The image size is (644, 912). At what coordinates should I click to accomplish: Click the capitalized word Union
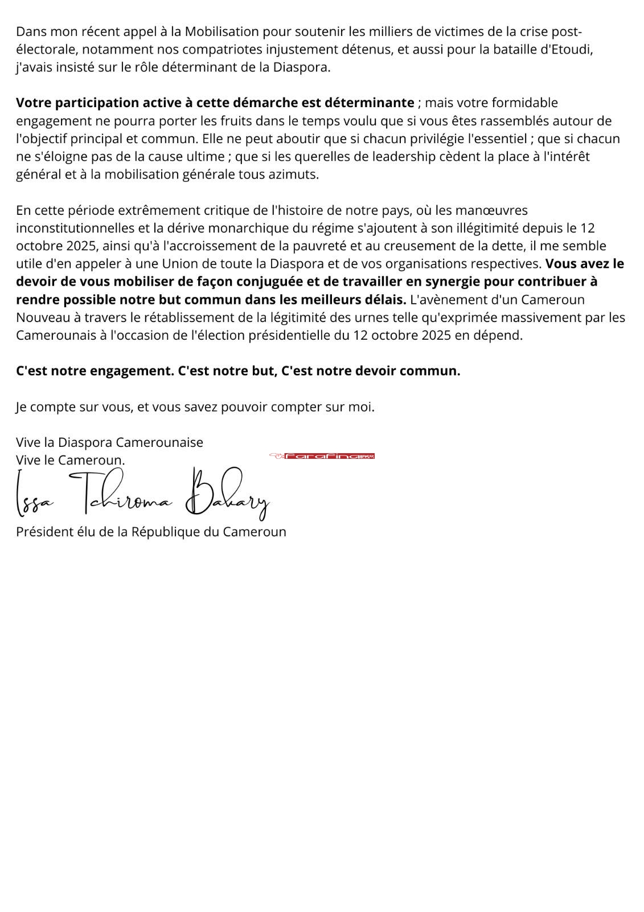pos(179,264)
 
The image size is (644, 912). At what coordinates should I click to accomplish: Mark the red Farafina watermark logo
pos(322,456)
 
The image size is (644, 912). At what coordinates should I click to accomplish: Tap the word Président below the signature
pos(44,532)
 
